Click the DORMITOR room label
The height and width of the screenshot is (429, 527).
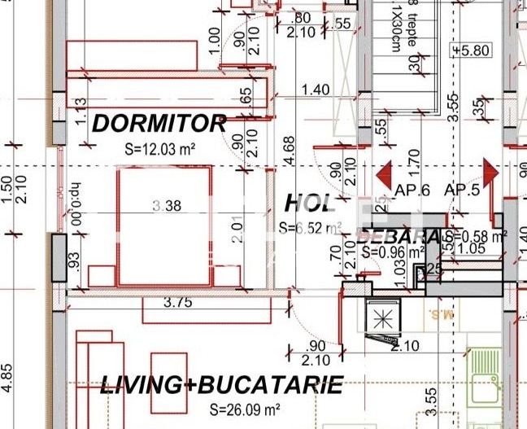click(159, 124)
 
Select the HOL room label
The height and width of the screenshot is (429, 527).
click(309, 203)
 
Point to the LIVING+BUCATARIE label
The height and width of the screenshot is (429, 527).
click(220, 385)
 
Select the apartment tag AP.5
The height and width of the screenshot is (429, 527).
click(463, 190)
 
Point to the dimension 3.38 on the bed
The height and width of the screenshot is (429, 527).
click(167, 206)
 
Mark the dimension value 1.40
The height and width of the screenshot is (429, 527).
click(316, 90)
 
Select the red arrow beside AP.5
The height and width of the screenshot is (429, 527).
click(490, 173)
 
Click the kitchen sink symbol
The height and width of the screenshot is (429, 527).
click(486, 371)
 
